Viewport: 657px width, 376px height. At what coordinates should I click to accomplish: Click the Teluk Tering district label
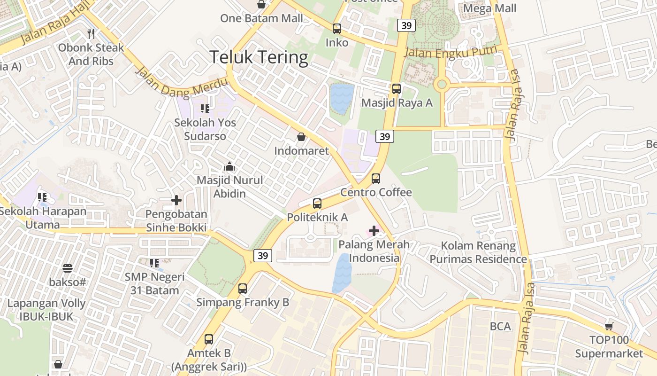coord(259,57)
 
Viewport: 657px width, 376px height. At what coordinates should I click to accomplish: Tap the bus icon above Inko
coord(337,29)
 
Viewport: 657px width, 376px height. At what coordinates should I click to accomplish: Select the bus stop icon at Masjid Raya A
coord(397,89)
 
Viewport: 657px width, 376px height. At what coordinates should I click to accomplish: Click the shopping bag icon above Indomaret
coord(301,137)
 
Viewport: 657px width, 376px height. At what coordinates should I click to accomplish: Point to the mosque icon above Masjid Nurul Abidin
coord(229,166)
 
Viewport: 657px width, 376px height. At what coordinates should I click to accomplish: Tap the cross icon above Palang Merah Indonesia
coord(374,231)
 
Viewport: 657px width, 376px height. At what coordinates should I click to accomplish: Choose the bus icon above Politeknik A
coord(317,204)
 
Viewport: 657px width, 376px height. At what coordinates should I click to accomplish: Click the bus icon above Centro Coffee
coord(376,179)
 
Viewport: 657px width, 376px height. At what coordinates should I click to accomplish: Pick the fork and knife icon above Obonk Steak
coord(91,34)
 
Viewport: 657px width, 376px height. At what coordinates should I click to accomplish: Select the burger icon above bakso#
coord(68,268)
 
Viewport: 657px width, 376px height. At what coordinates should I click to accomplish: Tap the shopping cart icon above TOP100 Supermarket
coord(609,326)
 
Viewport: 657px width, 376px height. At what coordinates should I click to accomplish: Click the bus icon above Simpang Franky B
coord(243,289)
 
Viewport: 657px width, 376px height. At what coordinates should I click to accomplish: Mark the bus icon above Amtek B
coord(209,339)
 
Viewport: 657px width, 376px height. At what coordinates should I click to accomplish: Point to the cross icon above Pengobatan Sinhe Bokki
coord(176,201)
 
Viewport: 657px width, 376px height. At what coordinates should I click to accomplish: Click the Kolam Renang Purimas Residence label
coord(478,252)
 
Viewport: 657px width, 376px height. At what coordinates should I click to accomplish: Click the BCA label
coord(500,326)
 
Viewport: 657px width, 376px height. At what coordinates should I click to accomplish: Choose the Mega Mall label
coord(489,8)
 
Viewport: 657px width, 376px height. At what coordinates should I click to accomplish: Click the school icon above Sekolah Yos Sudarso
coord(205,109)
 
